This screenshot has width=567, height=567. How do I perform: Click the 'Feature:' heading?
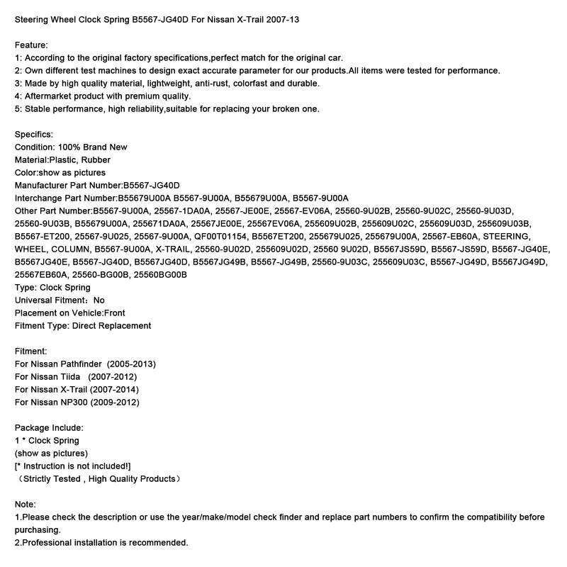(x=32, y=45)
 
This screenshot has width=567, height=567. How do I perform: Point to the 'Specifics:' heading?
(x=34, y=134)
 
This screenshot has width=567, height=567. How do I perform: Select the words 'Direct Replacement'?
(x=111, y=325)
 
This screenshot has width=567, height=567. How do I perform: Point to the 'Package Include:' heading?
(x=49, y=427)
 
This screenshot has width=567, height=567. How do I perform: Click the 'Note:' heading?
(x=26, y=504)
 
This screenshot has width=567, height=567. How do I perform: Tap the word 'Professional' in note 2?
(x=49, y=542)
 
